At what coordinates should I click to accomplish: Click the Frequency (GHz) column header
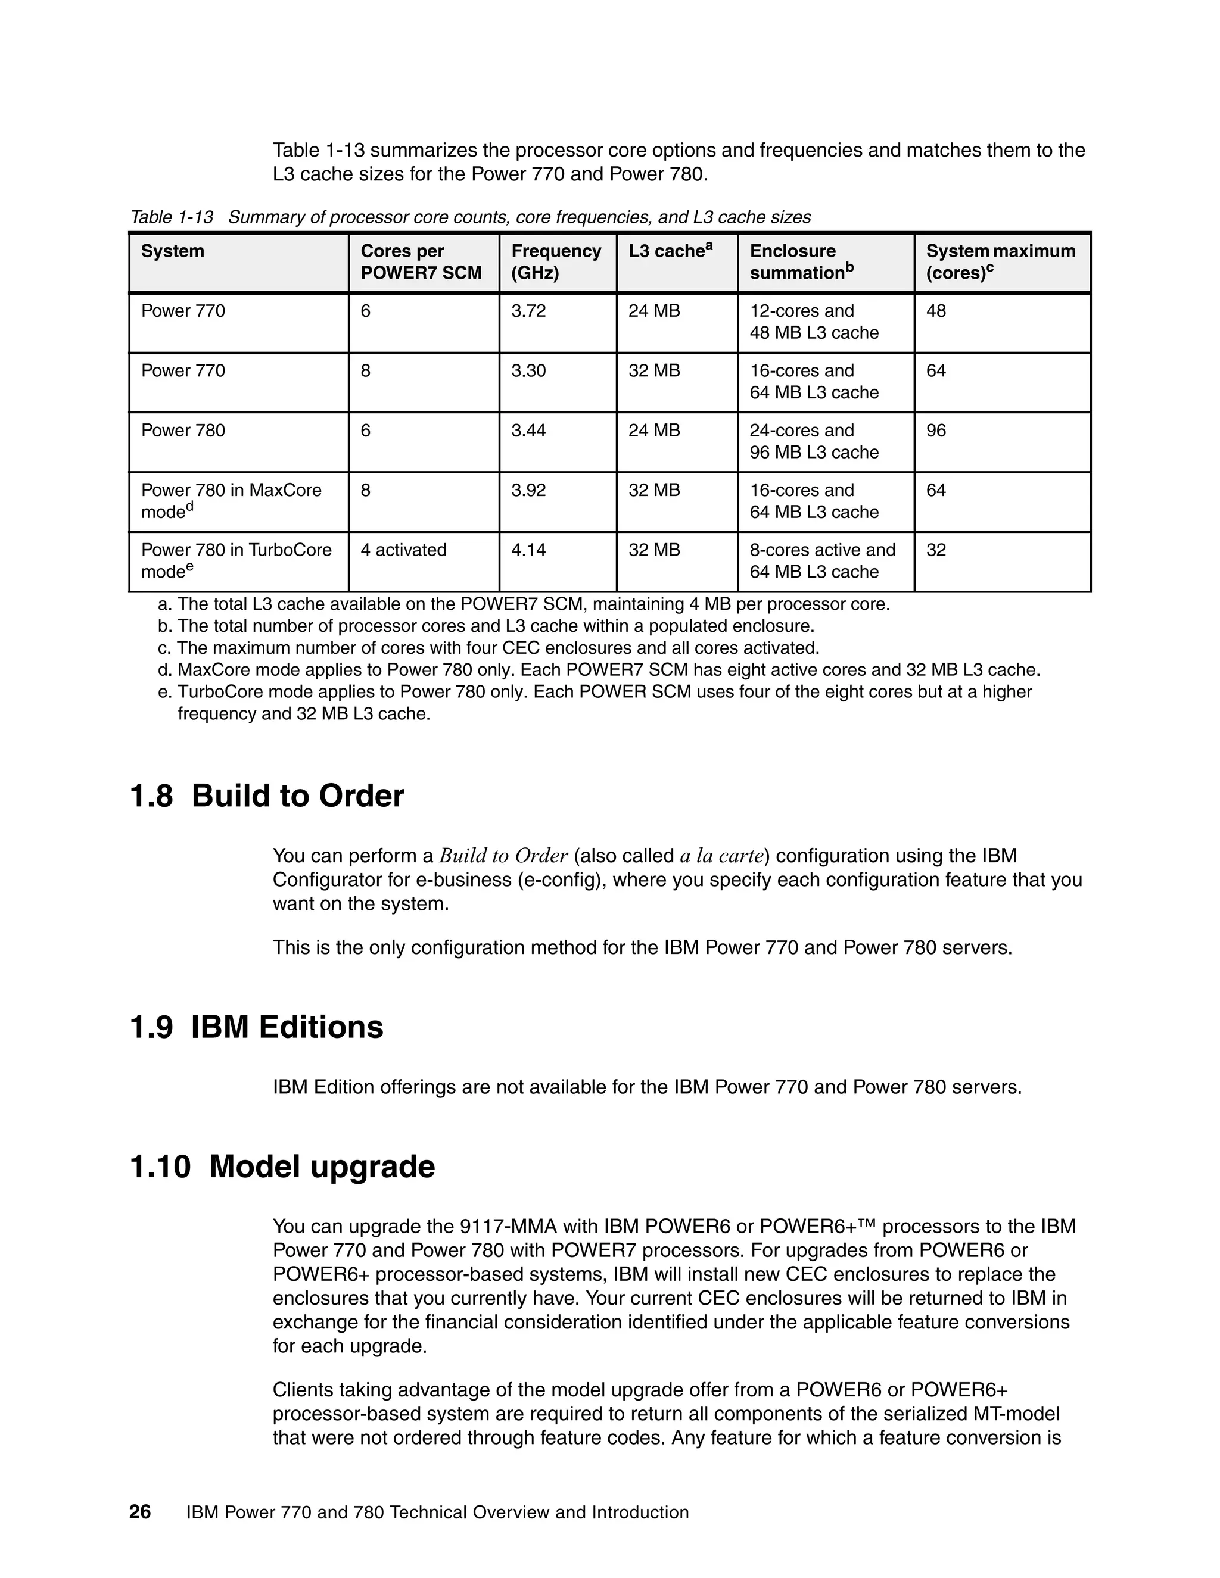pos(556,261)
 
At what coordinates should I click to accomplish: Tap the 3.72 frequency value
pos(528,311)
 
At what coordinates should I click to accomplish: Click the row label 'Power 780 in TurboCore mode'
pos(236,561)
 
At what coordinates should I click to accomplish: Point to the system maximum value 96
pos(936,431)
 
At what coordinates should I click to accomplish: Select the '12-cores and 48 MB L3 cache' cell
pos(814,322)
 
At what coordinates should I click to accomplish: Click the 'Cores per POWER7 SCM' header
pos(421,261)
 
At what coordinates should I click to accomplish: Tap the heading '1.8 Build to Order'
pos(267,796)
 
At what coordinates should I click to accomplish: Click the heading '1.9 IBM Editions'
pos(257,1027)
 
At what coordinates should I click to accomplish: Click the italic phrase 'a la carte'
pos(722,856)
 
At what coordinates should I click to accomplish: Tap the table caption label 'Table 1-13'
pos(172,217)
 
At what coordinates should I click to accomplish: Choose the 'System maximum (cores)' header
pos(1000,261)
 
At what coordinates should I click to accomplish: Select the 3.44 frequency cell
pos(528,431)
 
